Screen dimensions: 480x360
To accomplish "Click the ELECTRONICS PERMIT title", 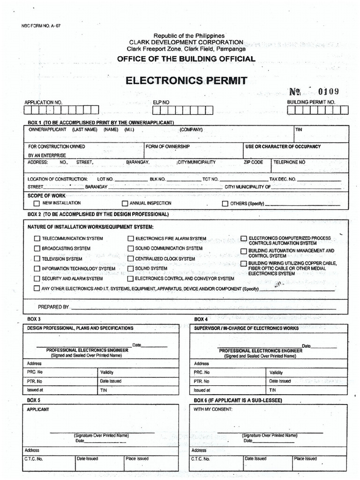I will point(186,81).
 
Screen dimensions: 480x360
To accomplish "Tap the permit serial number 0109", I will point(328,91).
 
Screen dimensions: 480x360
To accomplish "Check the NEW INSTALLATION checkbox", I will point(37,204).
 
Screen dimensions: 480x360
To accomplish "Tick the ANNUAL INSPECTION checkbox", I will point(125,204).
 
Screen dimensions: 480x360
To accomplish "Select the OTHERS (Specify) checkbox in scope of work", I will point(225,204).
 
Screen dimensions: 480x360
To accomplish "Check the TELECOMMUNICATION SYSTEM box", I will point(37,239).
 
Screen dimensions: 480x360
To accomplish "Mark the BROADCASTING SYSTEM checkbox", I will point(37,249).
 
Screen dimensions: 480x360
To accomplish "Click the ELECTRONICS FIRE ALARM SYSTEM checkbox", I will point(131,239).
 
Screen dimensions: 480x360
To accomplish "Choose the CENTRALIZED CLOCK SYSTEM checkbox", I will point(131,259).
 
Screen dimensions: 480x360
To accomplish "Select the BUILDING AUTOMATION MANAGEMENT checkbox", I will point(244,252).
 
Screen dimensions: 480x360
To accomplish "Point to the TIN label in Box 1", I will point(299,129).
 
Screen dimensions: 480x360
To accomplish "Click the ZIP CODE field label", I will point(253,162).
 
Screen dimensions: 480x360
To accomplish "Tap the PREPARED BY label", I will point(53,307).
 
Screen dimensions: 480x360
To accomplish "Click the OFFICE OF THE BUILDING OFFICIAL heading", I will point(186,59).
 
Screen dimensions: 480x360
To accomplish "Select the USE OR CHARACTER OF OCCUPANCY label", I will point(283,147).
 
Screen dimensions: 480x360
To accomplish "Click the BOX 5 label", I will point(34,400).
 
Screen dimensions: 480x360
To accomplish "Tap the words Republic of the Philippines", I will point(189,36).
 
